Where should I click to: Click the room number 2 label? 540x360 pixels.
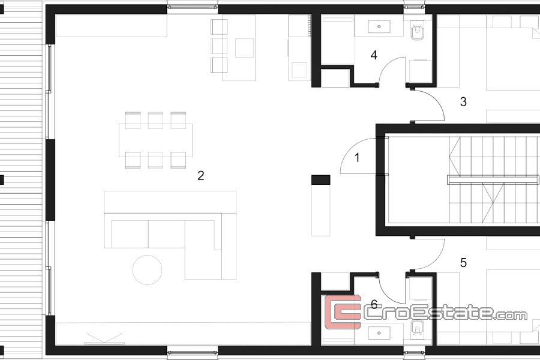pos(201,176)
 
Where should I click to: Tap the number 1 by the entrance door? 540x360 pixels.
pos(357,158)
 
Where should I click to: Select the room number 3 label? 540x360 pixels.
pos(463,101)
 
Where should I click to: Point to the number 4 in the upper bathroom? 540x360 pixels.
pos(374,55)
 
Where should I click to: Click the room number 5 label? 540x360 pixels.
pos(463,263)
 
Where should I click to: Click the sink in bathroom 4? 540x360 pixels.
pos(379,26)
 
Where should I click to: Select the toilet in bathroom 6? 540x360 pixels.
pos(418,328)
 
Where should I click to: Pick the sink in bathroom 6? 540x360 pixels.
pos(379,333)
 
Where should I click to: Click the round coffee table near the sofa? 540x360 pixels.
pos(147,270)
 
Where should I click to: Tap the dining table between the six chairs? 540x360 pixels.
pos(155,140)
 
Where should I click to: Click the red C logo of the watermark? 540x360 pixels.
pos(343,312)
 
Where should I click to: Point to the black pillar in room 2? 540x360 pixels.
pos(320,180)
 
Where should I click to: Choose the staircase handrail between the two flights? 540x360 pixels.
pos(493,179)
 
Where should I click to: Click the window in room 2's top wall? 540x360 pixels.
pos(193,7)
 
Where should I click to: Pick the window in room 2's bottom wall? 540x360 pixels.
pos(193,353)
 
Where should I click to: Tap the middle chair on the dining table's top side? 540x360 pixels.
pos(155,120)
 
